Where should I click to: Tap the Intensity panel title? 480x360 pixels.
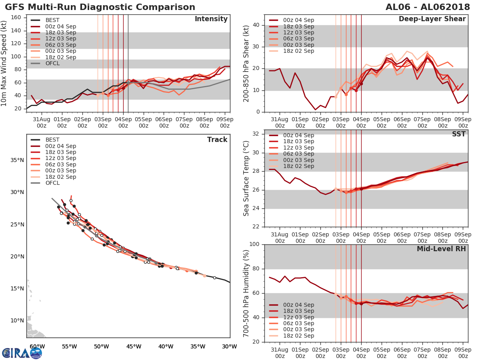tap(211, 19)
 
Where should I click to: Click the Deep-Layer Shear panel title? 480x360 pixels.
tap(432, 19)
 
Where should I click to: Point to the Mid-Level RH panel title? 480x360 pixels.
tap(441, 249)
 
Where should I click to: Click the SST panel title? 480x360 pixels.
tap(458, 134)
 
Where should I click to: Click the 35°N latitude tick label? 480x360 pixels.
tap(17, 160)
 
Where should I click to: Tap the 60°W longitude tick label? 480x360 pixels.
tap(37, 346)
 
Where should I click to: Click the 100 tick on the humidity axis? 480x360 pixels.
tap(254, 244)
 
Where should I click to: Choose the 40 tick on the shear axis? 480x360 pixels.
tap(256, 25)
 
